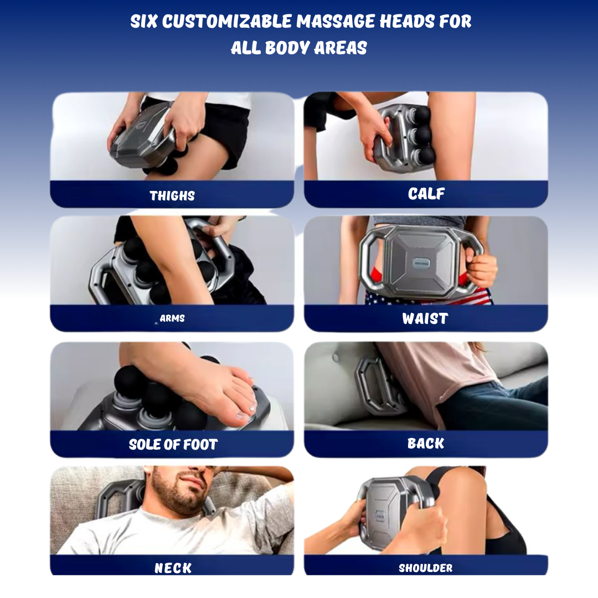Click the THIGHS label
(x=172, y=195)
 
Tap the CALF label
(x=426, y=194)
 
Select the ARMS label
(x=172, y=318)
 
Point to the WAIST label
(x=425, y=318)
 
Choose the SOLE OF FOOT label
(x=173, y=444)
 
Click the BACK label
(x=426, y=443)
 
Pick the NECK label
(x=173, y=568)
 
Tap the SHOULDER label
(x=426, y=568)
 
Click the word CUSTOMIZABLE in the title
(x=228, y=22)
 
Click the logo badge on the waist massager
(x=422, y=263)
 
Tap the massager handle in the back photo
(x=368, y=385)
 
